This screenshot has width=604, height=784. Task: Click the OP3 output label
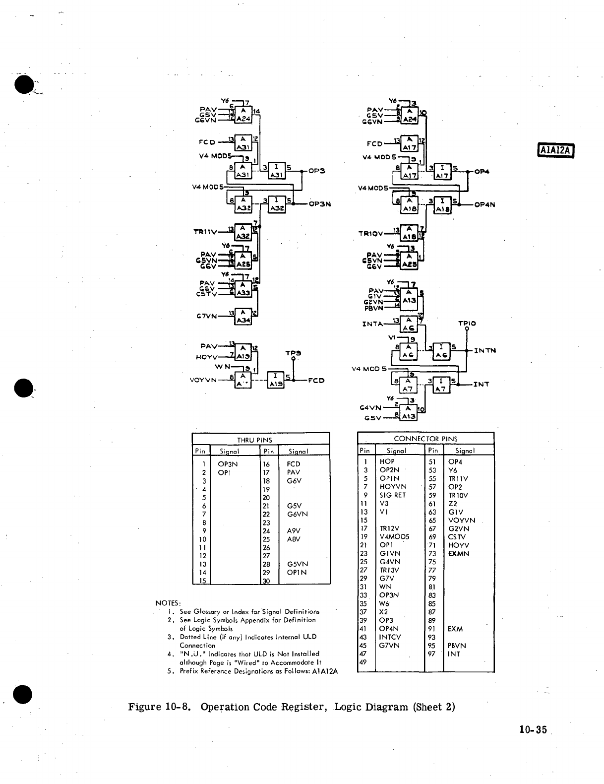click(316, 171)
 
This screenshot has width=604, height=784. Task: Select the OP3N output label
click(319, 203)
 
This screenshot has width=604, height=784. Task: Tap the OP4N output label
click(485, 204)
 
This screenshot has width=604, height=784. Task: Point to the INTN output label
click(485, 350)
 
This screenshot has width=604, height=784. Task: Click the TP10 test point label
click(467, 323)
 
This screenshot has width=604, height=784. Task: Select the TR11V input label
click(205, 231)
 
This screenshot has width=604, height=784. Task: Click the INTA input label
click(373, 324)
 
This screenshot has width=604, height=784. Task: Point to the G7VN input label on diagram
click(207, 316)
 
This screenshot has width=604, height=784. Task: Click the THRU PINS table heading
click(254, 440)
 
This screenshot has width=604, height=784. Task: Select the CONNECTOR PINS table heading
click(425, 439)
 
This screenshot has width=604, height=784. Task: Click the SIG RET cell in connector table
click(392, 495)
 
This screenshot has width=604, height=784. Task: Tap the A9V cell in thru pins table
click(294, 531)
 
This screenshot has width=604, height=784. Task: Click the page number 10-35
click(533, 729)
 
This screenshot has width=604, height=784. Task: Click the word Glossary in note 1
click(207, 612)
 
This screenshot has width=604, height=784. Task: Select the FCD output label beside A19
click(316, 381)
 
